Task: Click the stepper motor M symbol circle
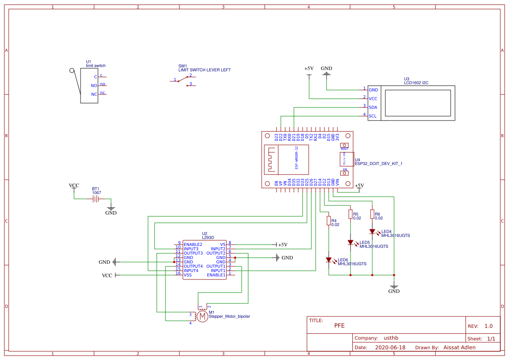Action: (x=202, y=316)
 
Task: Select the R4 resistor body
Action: (x=328, y=221)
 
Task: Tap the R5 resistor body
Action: (x=350, y=214)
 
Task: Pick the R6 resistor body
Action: (x=372, y=214)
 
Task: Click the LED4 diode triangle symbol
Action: (x=372, y=232)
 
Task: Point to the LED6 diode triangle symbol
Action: (x=329, y=260)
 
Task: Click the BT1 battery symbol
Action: (x=96, y=199)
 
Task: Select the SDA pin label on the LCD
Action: (x=373, y=107)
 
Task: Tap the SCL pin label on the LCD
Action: (x=373, y=116)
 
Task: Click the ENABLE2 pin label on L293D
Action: (x=193, y=244)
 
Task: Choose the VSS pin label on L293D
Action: (x=188, y=275)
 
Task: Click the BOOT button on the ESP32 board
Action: (x=344, y=145)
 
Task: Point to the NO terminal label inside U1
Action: (x=94, y=86)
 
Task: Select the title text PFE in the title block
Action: (x=339, y=326)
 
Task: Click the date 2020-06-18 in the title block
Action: (x=390, y=347)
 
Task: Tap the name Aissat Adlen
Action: (x=459, y=347)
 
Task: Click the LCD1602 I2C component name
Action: (x=416, y=82)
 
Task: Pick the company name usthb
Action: (x=391, y=338)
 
